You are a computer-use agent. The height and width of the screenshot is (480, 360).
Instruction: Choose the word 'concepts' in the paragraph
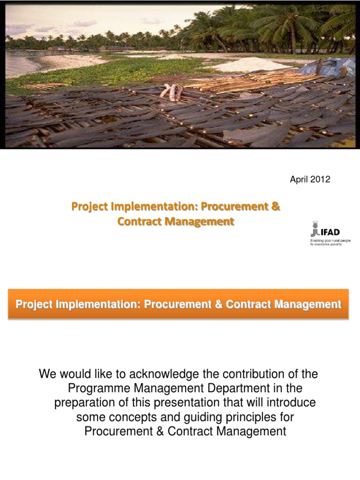click(x=123, y=417)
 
